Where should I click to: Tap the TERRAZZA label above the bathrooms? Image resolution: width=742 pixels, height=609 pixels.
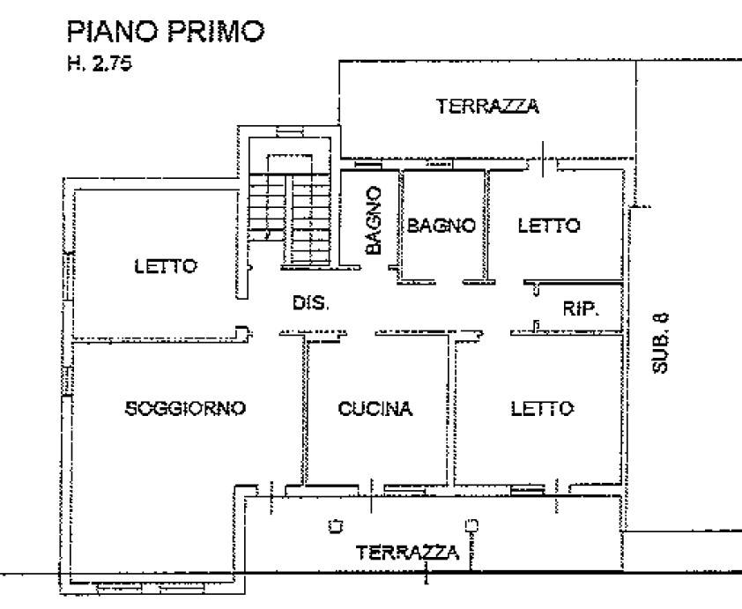[487, 107]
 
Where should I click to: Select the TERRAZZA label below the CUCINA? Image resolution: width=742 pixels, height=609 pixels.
[407, 553]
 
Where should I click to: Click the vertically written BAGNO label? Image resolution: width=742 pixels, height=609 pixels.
[374, 220]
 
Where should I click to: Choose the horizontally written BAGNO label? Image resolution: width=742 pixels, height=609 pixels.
[441, 226]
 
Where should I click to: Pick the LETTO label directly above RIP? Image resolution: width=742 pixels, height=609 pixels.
[549, 226]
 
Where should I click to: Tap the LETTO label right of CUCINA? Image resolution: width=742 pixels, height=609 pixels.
[543, 408]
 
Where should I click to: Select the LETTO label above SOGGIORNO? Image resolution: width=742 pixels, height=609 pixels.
[166, 265]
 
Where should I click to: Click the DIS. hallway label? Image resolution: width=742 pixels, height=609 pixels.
[310, 304]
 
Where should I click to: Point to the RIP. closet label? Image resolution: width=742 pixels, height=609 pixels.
[581, 308]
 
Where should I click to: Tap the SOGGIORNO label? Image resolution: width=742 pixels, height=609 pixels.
[184, 408]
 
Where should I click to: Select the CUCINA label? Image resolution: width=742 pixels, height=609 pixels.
[375, 408]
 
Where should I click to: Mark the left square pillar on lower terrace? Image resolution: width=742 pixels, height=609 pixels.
[334, 527]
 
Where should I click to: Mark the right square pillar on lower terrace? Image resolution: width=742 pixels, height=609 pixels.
[471, 527]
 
